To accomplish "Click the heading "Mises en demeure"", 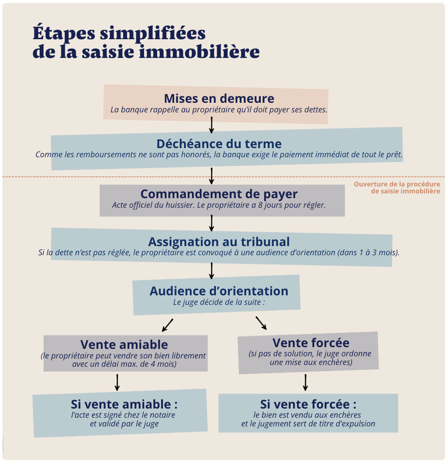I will point(219,98).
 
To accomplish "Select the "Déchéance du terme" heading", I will point(219,144).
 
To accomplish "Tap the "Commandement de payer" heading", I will point(219,194).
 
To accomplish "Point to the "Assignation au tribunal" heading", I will point(219,242).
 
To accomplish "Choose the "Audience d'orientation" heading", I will point(219,291).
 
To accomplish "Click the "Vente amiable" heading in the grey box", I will point(124,345).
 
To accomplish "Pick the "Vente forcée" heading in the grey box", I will point(311,342).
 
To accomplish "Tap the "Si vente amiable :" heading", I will point(124,404).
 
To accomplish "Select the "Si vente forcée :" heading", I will point(308,404).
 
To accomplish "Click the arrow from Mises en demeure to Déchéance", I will point(212,125).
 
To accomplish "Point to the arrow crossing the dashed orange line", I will point(212,176).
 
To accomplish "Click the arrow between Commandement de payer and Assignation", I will point(212,223).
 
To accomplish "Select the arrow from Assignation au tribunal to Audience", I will point(212,270).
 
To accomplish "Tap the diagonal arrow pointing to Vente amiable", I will point(168,325).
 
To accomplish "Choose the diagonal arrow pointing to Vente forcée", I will point(261,323).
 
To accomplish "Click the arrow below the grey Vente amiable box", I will point(117,382).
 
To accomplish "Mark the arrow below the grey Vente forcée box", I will point(306,382).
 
